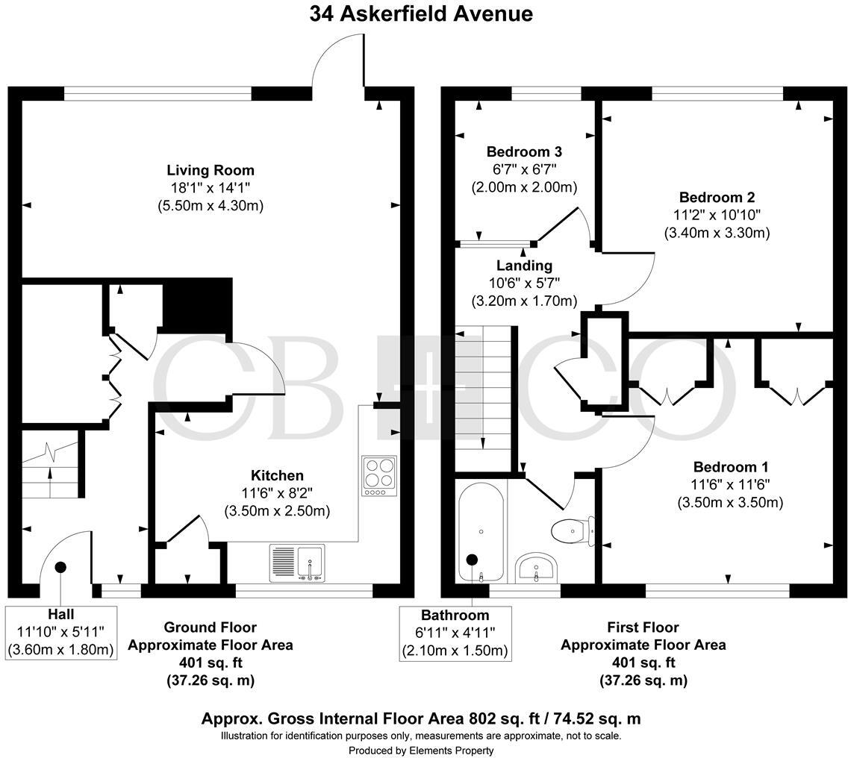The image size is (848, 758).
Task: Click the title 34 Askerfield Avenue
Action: (422, 14)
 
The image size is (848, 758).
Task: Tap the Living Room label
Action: (210, 170)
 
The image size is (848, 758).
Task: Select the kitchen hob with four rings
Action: (378, 475)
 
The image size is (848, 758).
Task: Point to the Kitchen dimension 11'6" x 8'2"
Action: (277, 493)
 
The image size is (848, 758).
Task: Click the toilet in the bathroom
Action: (571, 530)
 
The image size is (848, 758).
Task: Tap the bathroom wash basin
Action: (534, 568)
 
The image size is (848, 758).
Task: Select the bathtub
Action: (481, 531)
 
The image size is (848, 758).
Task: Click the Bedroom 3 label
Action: (523, 151)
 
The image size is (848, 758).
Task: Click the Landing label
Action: (524, 266)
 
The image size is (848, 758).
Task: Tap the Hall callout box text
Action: (60, 632)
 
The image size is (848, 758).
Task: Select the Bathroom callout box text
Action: (454, 633)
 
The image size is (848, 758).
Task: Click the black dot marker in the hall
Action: (60, 567)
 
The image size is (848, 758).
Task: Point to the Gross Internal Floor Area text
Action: (421, 719)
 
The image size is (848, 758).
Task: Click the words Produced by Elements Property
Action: (421, 750)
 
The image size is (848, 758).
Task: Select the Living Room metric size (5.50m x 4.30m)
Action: (210, 205)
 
